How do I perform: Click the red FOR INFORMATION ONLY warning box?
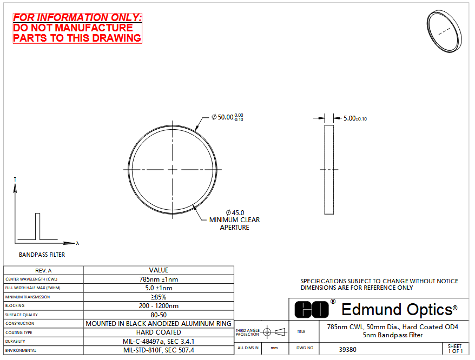pyautogui.click(x=77, y=28)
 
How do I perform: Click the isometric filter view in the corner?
pyautogui.click(x=444, y=31)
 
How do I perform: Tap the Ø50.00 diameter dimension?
pyautogui.click(x=227, y=117)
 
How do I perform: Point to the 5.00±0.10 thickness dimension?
pyautogui.click(x=355, y=118)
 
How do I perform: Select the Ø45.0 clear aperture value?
pyautogui.click(x=235, y=213)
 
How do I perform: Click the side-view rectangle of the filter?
pyautogui.click(x=329, y=170)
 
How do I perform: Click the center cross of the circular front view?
pyautogui.click(x=173, y=170)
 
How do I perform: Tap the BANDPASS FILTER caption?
pyautogui.click(x=42, y=255)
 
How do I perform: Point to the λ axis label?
pyautogui.click(x=77, y=243)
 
